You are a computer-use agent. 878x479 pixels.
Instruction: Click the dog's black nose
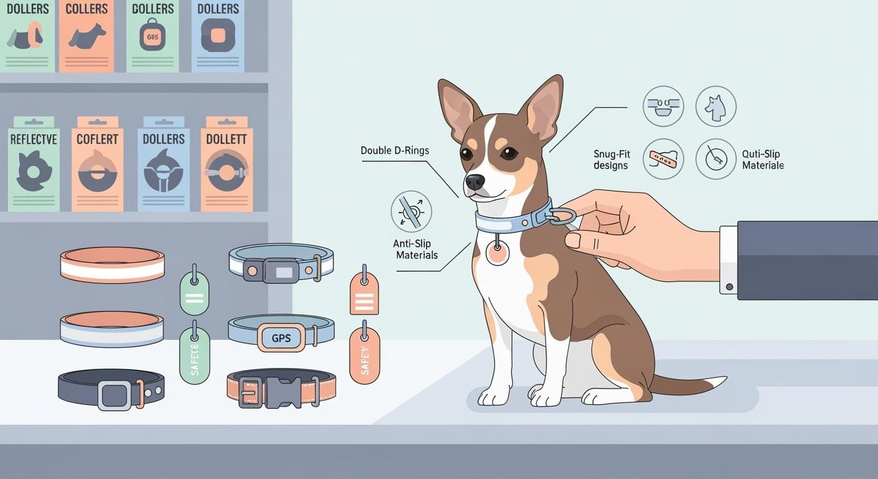475,181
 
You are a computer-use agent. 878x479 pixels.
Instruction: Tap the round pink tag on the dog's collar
497,253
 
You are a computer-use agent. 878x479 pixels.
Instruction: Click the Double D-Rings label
395,151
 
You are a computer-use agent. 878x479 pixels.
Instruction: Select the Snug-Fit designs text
611,160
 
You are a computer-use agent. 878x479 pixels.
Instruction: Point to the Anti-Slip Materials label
415,249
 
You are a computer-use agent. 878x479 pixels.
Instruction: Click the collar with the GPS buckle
281,333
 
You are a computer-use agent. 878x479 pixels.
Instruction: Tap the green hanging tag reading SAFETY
195,354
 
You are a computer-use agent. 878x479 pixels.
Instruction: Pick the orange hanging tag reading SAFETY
365,354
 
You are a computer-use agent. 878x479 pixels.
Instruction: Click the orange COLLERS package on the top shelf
86,35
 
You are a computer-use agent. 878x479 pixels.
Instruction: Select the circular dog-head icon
715,107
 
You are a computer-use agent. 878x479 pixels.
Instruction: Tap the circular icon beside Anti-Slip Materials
411,212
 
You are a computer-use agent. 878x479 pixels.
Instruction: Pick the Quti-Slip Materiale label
763,160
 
